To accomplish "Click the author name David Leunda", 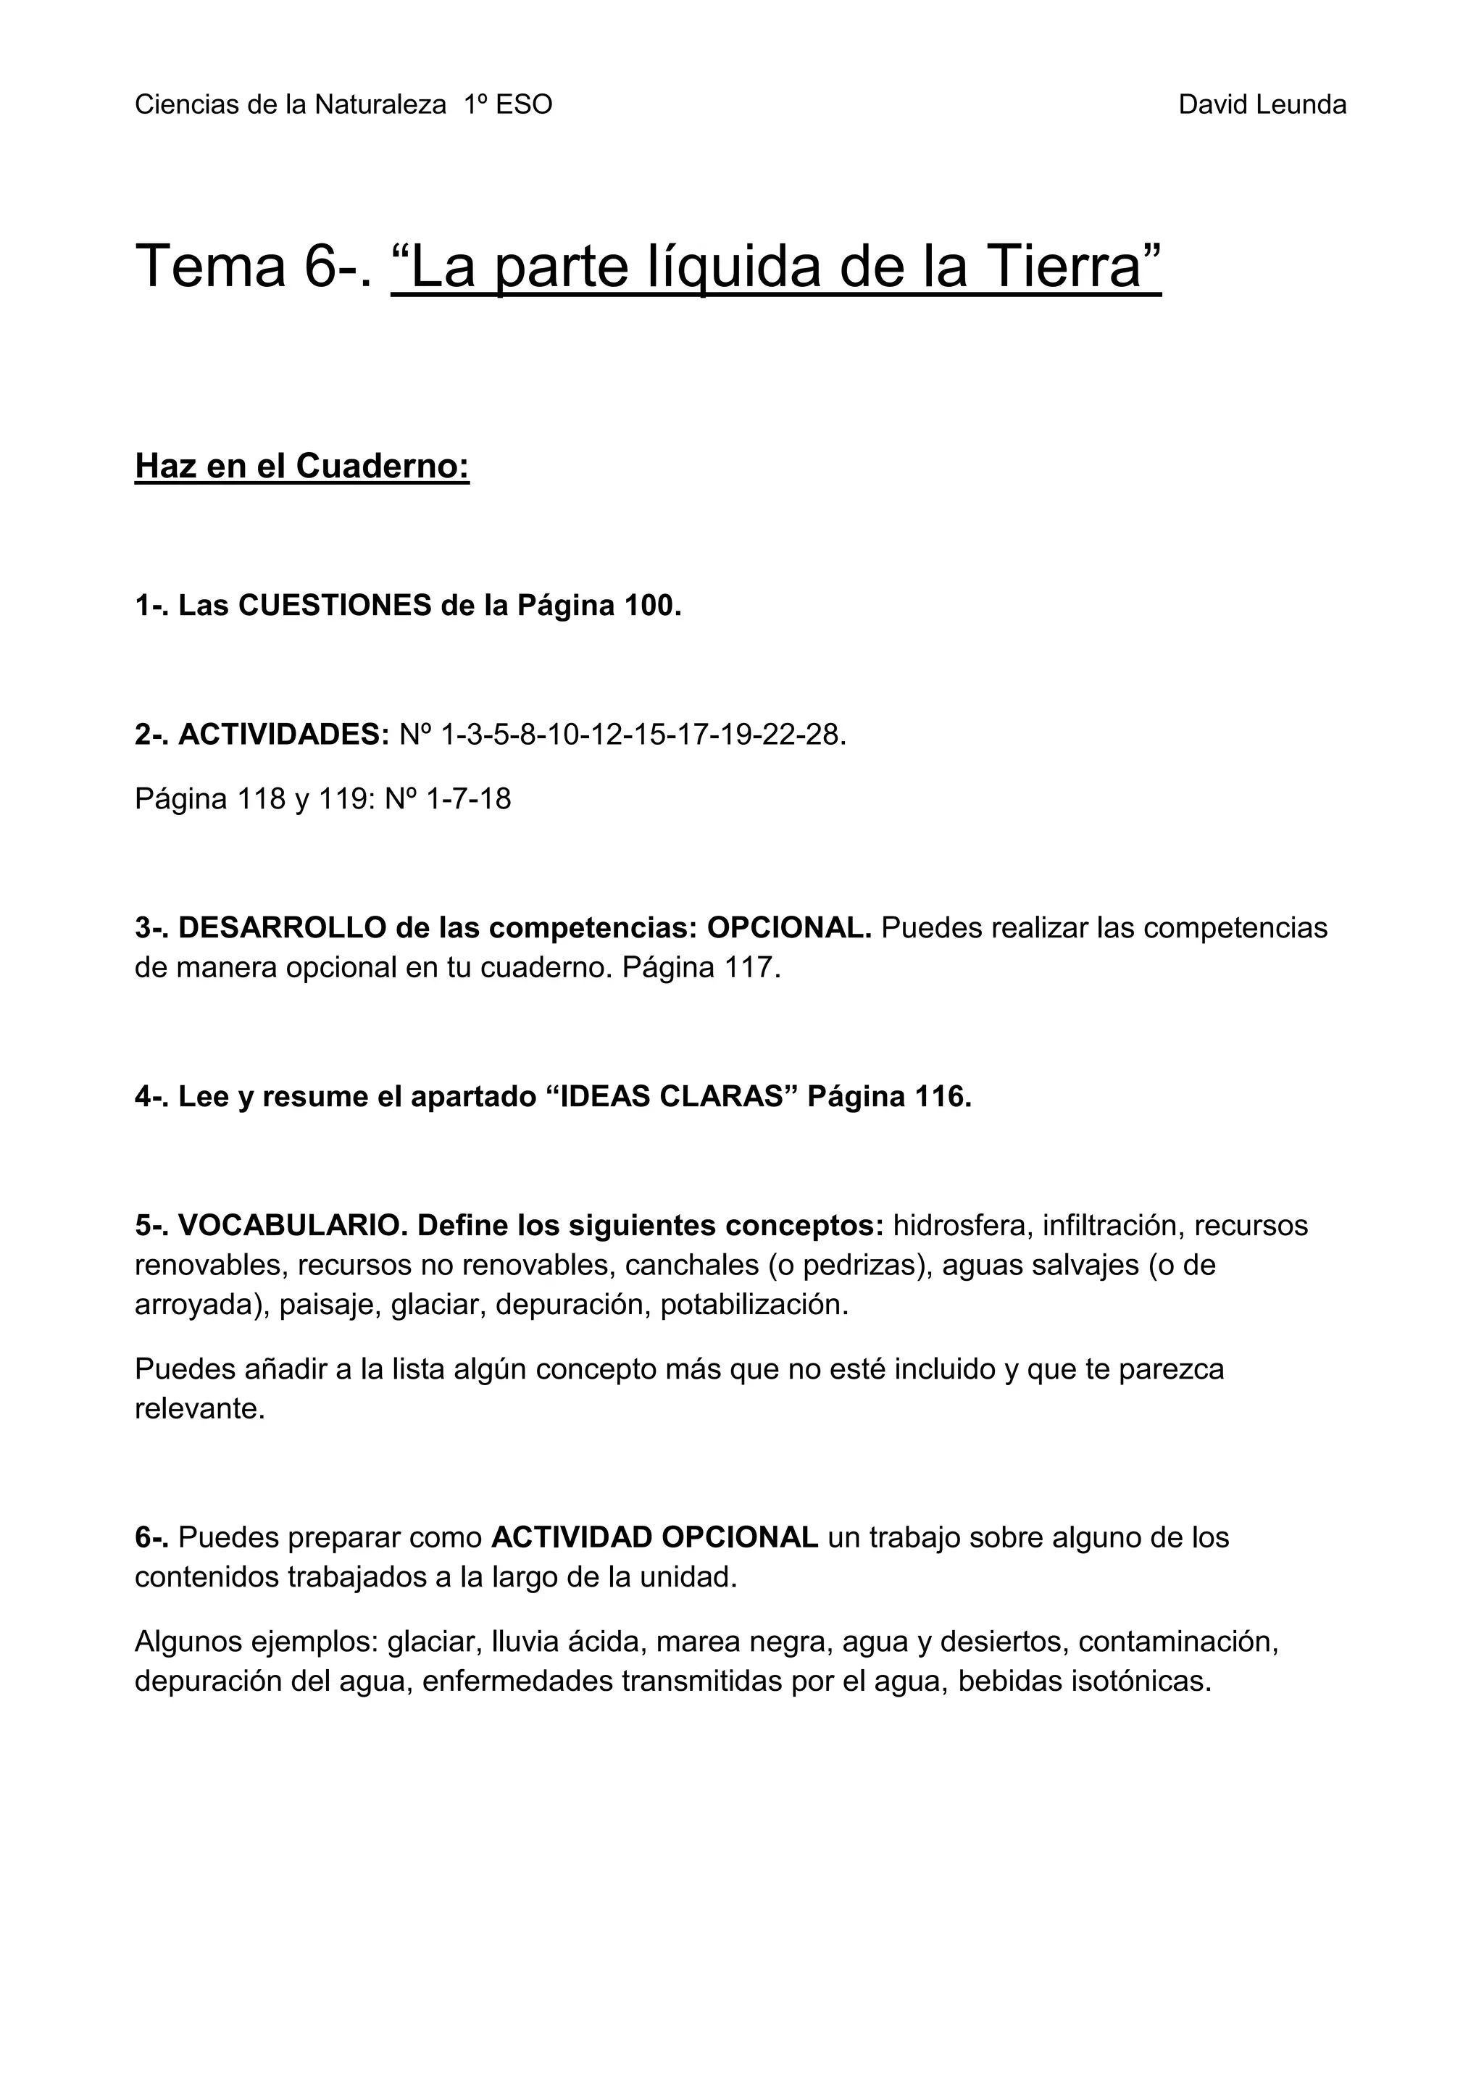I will click(1262, 105).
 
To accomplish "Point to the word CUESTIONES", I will click(335, 605).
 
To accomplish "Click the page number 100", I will click(652, 605).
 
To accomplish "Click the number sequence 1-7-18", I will click(469, 800).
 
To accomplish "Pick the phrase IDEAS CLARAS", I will click(672, 1097).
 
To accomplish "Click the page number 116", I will click(942, 1097).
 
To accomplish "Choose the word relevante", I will click(199, 1409).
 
